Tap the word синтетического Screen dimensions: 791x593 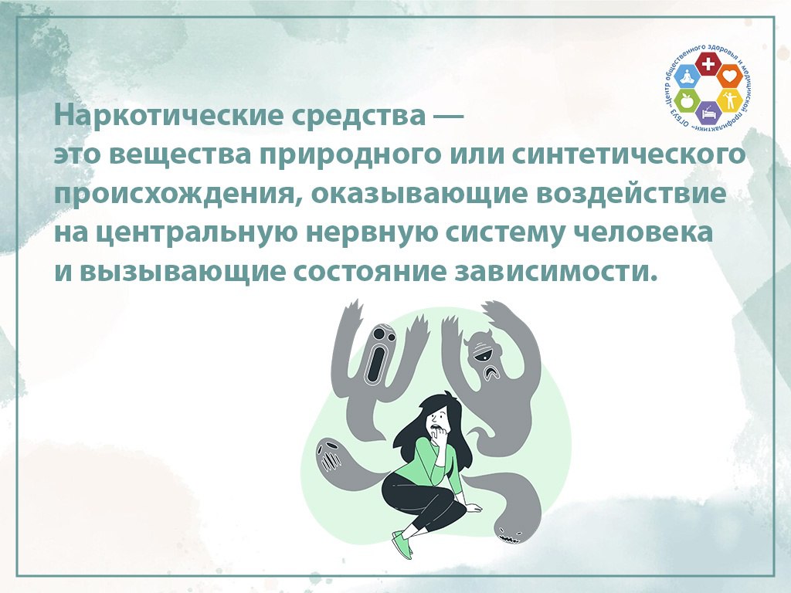[629, 154]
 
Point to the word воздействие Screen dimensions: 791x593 [631, 194]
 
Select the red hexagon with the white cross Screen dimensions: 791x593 [708, 64]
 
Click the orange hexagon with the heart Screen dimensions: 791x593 [728, 76]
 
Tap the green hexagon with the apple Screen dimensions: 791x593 [687, 101]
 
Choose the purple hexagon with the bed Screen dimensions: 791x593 [708, 113]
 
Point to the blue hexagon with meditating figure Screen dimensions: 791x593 [687, 76]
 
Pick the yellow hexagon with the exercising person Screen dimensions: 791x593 [728, 101]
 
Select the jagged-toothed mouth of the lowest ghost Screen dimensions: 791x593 [508, 540]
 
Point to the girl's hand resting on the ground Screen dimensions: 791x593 [474, 508]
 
